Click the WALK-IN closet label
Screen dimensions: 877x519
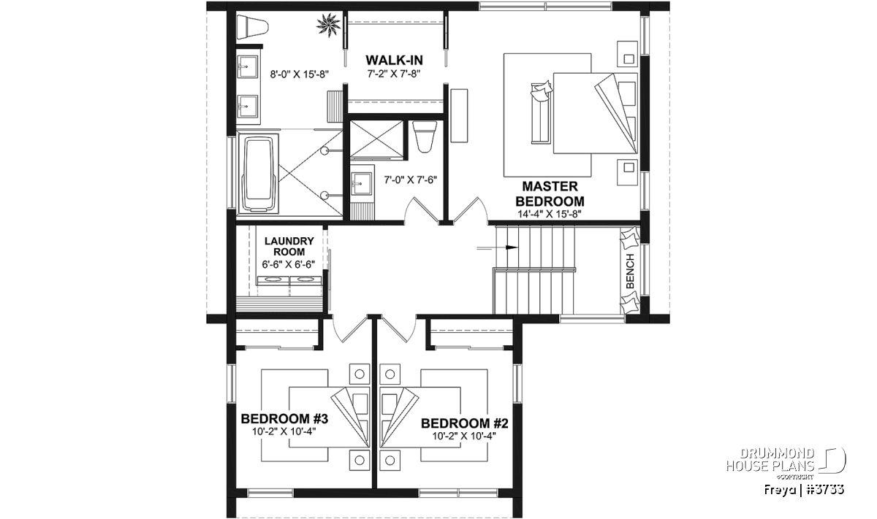click(x=394, y=61)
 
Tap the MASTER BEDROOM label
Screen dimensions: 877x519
click(x=550, y=194)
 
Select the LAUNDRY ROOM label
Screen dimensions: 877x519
click(x=289, y=247)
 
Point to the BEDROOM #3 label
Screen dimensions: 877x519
click(x=284, y=419)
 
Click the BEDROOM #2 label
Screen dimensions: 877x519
click(x=464, y=423)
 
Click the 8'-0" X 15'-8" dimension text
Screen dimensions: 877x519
click(x=299, y=74)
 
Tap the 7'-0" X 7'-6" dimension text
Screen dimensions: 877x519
click(x=410, y=180)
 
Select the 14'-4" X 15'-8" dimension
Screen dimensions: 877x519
click(x=550, y=214)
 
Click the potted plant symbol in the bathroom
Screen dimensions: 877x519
click(x=328, y=26)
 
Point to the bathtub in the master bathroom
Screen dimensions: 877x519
click(x=257, y=174)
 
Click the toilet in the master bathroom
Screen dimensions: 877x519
click(x=253, y=27)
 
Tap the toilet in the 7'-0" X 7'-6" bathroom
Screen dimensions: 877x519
click(x=425, y=137)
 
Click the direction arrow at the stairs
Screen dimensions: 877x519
click(x=497, y=247)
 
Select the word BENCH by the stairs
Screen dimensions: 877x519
click(x=630, y=271)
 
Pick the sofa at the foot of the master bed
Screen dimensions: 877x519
click(x=540, y=113)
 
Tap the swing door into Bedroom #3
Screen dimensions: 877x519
click(x=350, y=328)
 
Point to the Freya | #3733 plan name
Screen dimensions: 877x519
click(x=803, y=490)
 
